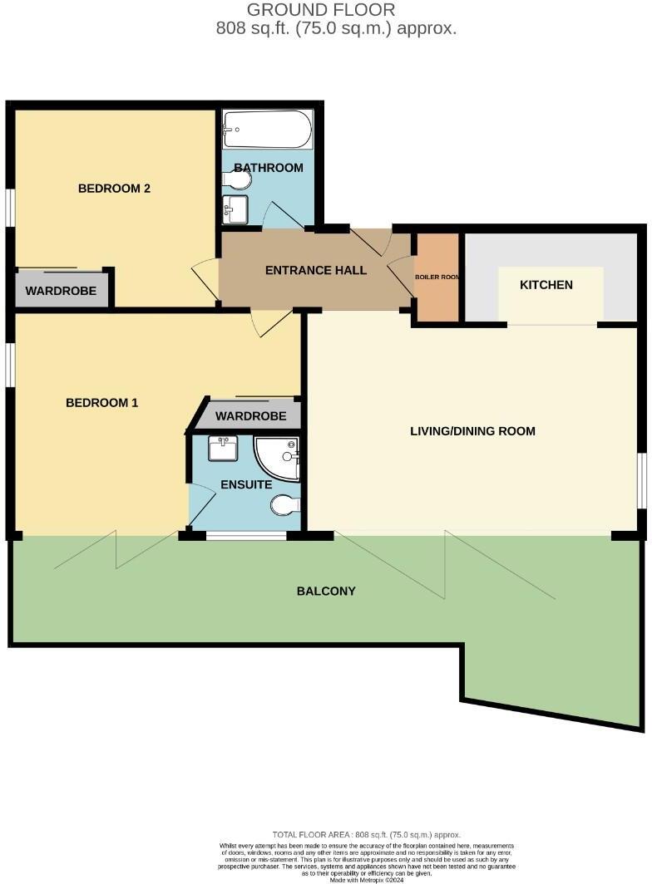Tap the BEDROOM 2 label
click(x=114, y=189)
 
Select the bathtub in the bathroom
click(x=268, y=130)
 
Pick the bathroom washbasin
click(x=235, y=209)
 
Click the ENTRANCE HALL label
click(x=316, y=271)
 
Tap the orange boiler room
click(x=437, y=277)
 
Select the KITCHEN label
click(x=546, y=285)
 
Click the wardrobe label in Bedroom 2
click(x=61, y=292)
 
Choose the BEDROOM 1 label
click(x=101, y=403)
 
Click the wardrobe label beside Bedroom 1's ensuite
click(x=250, y=416)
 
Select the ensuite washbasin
click(x=223, y=449)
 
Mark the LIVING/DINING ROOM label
click(x=472, y=431)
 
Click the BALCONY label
click(x=326, y=592)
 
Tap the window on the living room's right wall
click(x=641, y=479)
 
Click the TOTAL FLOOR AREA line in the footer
click(x=366, y=834)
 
